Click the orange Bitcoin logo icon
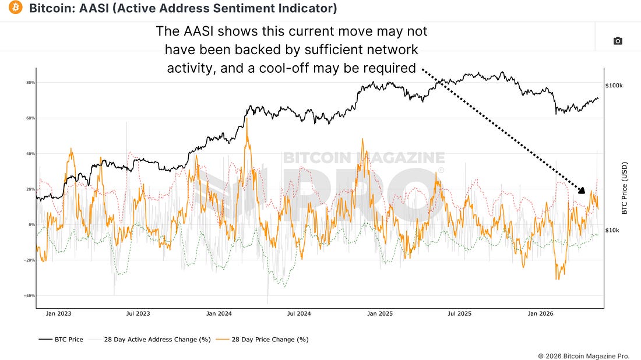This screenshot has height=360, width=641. [16, 8]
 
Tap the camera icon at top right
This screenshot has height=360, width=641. [618, 41]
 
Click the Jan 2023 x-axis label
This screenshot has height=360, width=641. [58, 313]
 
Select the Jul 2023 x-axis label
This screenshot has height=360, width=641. [138, 313]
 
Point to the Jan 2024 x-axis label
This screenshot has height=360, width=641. [219, 313]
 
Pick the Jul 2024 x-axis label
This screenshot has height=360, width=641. [299, 313]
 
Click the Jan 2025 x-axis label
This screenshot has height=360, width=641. [380, 313]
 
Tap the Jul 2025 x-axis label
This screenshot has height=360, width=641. [460, 313]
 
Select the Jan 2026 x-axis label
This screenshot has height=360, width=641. [540, 313]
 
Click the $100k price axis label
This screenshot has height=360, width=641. [614, 86]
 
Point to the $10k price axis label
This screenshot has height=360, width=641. [612, 230]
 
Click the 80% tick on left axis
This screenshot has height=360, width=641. [31, 83]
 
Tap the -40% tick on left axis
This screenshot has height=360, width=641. [30, 295]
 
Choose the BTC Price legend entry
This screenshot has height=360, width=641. [61, 340]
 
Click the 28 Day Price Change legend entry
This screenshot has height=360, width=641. [262, 340]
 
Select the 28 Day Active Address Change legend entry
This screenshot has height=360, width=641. [150, 340]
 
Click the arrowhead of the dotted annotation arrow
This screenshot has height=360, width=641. [582, 190]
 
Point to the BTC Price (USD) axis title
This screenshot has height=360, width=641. [624, 188]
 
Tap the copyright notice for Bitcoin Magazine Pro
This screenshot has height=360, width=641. [583, 357]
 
